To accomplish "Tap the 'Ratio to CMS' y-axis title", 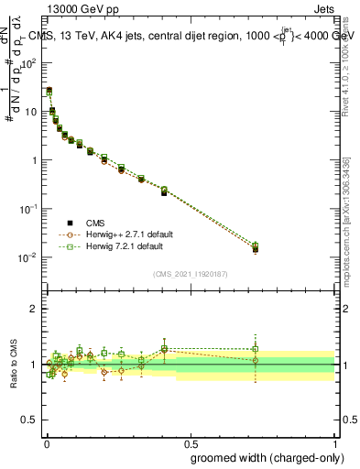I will point(14,364).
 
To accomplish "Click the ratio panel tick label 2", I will point(35,309).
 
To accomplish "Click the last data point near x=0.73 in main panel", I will point(256,248).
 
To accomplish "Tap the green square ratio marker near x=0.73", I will point(256,349).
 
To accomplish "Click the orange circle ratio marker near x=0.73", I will point(256,361).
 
